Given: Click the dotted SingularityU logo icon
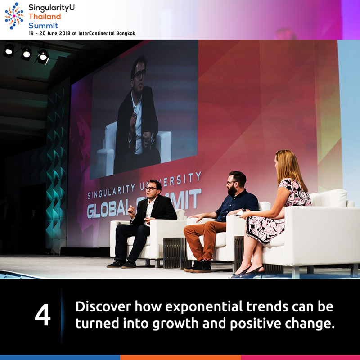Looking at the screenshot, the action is (x=14, y=16).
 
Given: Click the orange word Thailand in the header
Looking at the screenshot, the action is (x=45, y=17).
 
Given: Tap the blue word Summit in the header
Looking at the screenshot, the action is (x=43, y=26).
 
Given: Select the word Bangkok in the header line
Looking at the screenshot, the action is (x=126, y=33).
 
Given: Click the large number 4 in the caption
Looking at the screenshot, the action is (x=43, y=315).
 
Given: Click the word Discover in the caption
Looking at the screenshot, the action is (x=103, y=306).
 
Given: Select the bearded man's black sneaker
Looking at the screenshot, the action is (x=199, y=266).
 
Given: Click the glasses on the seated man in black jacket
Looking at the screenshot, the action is (x=151, y=188).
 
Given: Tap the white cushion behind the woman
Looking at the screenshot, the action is (x=328, y=198).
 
